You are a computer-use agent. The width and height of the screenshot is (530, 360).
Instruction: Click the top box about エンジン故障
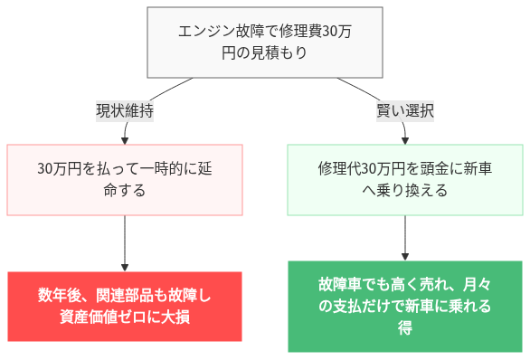pos(264,42)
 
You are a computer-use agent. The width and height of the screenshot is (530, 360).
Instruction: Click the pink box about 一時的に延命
pos(125,180)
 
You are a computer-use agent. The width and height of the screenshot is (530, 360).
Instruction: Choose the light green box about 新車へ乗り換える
pos(404,180)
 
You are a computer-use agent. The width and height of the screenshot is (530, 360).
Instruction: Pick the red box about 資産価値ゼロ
pos(125,306)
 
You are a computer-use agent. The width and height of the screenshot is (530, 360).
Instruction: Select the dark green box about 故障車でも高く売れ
pos(404,306)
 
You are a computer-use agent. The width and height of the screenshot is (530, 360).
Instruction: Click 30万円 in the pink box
pos(61,169)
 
